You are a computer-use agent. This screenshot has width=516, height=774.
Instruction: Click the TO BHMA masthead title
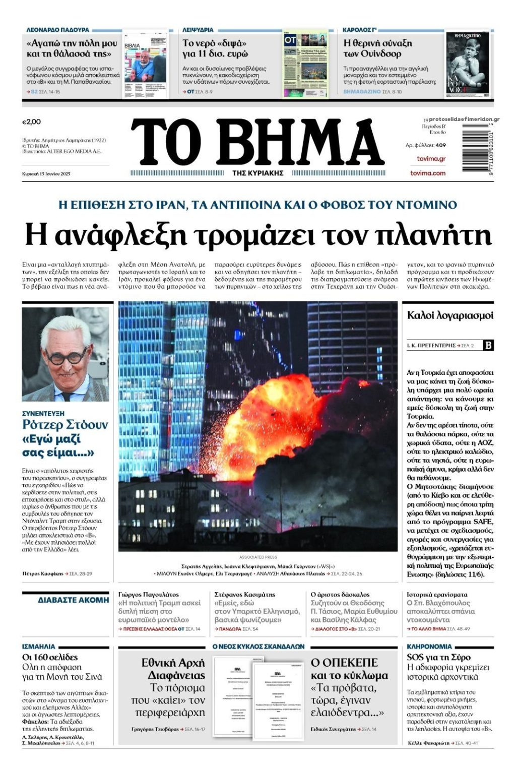[257, 143]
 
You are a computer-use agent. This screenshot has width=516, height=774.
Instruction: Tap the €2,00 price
[31, 122]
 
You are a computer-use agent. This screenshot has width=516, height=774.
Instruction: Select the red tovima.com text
[428, 173]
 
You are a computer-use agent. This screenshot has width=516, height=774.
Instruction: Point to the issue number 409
[441, 145]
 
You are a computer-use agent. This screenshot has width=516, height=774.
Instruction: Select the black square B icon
[488, 345]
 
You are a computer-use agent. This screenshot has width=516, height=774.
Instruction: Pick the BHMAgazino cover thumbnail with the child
[467, 64]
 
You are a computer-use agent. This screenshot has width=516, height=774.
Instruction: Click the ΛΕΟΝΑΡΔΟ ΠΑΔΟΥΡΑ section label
[58, 30]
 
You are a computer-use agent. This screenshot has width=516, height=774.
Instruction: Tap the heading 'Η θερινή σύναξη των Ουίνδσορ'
[377, 48]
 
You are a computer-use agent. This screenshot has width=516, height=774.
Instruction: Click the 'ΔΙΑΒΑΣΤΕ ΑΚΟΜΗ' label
[74, 600]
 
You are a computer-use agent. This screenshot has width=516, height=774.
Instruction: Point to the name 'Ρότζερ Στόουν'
[65, 425]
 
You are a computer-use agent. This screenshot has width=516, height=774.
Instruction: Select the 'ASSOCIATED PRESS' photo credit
[258, 557]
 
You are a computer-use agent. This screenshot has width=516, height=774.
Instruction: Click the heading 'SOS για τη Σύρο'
[438, 657]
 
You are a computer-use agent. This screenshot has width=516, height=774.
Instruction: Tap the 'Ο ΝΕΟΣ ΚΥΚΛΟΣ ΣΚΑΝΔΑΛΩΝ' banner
[258, 646]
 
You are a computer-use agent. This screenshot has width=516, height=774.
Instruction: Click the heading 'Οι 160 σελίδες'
[50, 657]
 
